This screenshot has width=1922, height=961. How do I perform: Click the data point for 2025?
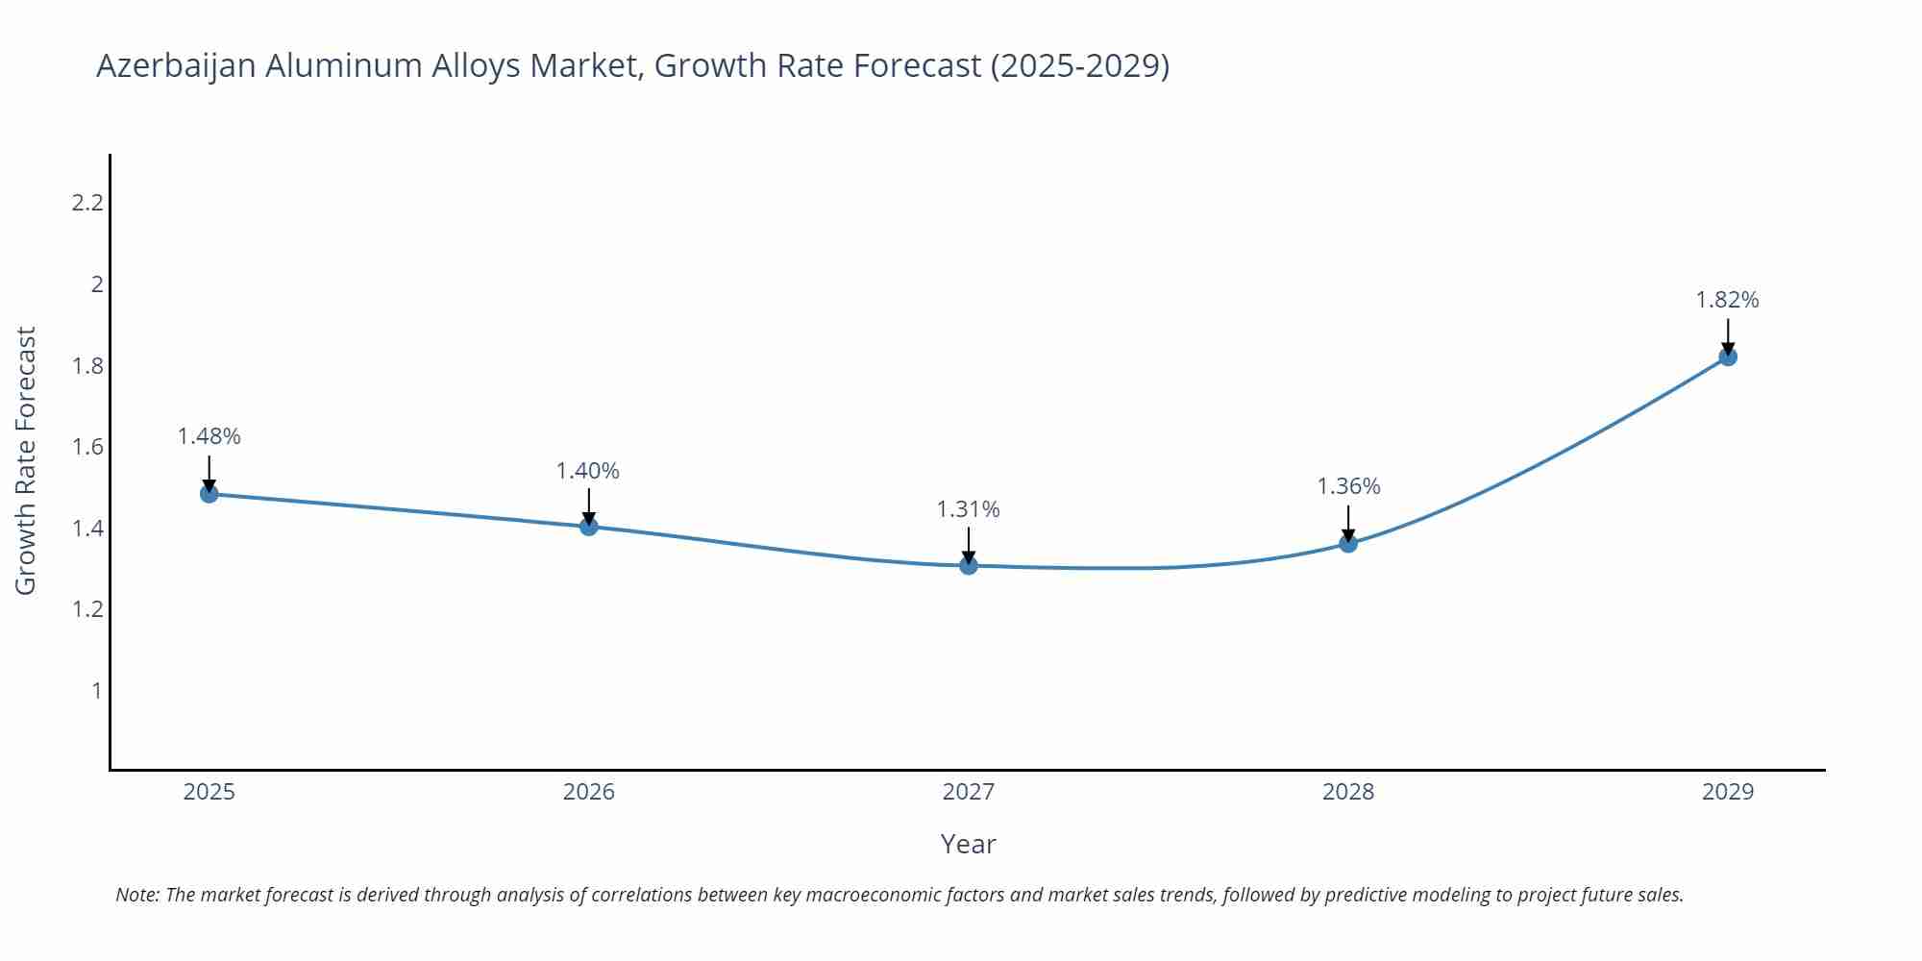tap(209, 494)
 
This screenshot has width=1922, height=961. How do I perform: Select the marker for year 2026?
tap(589, 527)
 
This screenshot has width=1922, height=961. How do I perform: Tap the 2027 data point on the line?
tap(969, 566)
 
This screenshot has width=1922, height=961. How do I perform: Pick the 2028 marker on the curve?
tap(1348, 544)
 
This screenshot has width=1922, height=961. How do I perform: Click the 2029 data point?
tap(1728, 357)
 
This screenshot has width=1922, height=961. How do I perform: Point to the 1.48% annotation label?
tap(209, 436)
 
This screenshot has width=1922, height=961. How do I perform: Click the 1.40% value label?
tap(588, 471)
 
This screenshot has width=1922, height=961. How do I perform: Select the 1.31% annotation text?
tap(969, 509)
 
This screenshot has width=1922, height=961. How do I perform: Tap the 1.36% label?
tap(1348, 486)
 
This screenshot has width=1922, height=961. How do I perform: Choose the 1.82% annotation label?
tap(1727, 300)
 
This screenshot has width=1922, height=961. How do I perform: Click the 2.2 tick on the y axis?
tap(87, 203)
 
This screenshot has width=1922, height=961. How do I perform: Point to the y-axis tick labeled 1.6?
tap(87, 447)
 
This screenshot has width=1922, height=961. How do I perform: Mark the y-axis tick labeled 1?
tap(96, 690)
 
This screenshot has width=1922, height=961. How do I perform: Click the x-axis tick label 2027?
tap(969, 792)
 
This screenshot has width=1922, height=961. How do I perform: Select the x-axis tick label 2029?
tap(1728, 792)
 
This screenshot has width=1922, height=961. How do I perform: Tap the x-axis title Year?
tap(969, 844)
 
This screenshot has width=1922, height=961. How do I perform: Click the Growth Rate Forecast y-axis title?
tap(26, 461)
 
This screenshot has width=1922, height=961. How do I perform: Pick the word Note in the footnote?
tap(136, 895)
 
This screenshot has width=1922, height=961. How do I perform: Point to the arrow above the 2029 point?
tap(1728, 336)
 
